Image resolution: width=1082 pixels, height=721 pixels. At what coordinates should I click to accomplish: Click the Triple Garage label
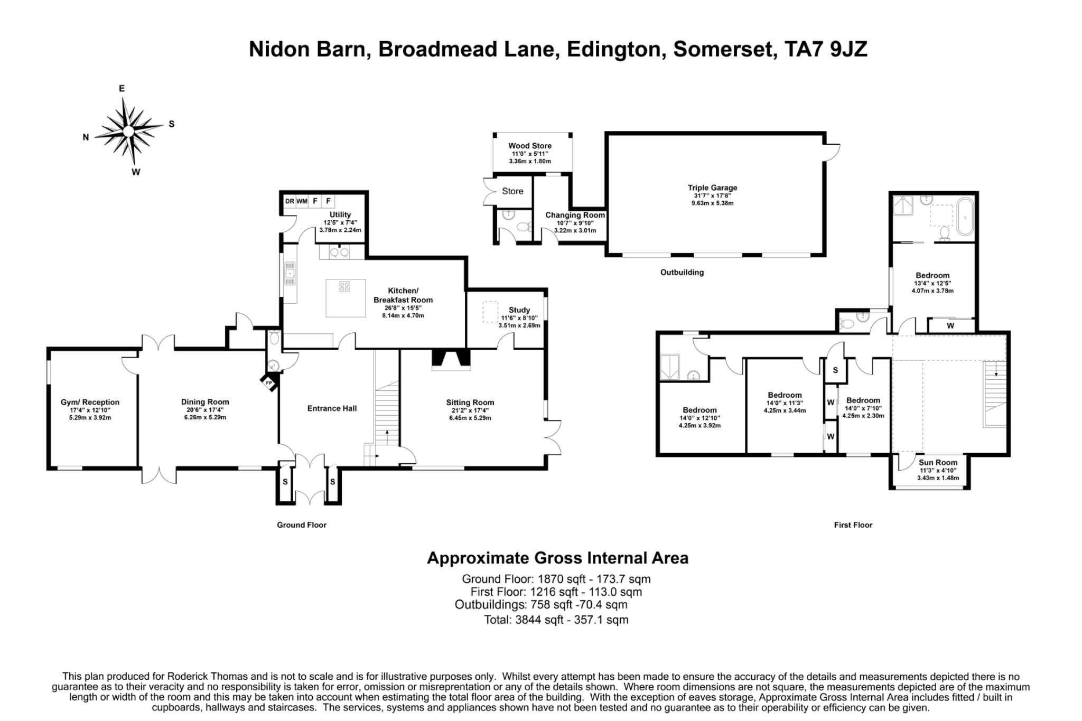click(712, 188)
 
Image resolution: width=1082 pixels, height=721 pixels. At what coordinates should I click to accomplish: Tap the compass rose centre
click(128, 130)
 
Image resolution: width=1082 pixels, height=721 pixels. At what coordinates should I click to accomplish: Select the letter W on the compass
click(136, 172)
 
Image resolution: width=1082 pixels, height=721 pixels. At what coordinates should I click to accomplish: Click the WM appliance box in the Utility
click(302, 201)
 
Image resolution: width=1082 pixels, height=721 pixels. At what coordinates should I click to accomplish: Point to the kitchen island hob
click(344, 287)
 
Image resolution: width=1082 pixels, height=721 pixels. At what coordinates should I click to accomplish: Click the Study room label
click(519, 310)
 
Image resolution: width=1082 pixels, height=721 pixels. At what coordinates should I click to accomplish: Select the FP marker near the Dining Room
click(268, 382)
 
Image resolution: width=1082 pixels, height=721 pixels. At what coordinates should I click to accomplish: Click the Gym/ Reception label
click(90, 402)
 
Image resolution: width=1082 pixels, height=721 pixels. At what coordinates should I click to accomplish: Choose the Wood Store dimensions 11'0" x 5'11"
click(530, 154)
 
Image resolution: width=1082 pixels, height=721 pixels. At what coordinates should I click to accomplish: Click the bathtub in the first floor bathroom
click(965, 217)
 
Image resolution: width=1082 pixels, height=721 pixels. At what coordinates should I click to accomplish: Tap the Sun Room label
click(938, 462)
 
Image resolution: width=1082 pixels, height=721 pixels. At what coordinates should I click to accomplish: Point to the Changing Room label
click(575, 216)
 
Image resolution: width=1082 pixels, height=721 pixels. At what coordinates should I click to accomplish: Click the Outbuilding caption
click(682, 273)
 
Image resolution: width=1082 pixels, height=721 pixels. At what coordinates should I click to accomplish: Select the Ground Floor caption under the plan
click(302, 525)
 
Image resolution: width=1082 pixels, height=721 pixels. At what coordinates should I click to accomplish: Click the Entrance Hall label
click(332, 408)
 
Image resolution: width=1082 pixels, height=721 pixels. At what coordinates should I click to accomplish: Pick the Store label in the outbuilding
click(512, 191)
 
